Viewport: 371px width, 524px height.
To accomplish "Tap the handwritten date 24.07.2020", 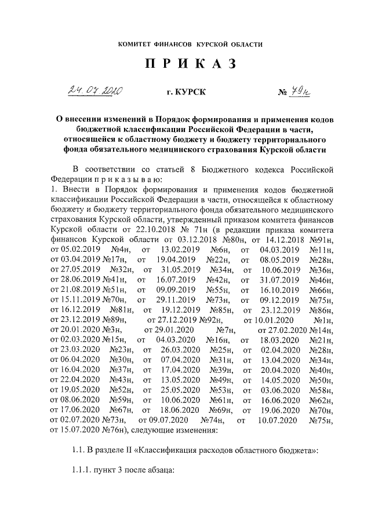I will click(97, 91).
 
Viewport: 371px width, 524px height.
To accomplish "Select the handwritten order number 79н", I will click(300, 91).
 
